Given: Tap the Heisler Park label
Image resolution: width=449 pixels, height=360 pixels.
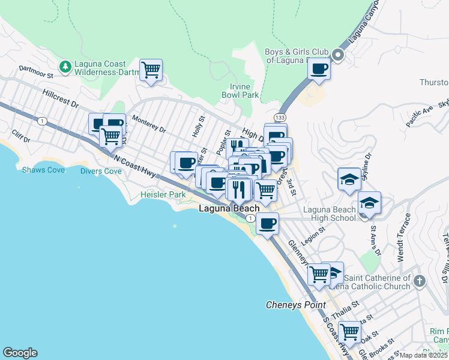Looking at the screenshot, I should [x=163, y=194].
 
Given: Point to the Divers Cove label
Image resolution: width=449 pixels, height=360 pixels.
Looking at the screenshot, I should [x=101, y=171].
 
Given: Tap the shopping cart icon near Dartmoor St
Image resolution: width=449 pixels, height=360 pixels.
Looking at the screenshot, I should [x=151, y=70].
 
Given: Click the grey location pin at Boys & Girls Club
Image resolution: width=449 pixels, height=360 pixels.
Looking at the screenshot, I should [x=337, y=56].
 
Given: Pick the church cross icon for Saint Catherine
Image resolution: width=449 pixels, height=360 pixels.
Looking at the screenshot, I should [x=419, y=280].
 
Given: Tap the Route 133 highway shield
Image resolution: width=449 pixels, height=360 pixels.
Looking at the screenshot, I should [x=280, y=117].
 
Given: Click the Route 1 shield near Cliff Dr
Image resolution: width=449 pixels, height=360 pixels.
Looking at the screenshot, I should [x=41, y=121].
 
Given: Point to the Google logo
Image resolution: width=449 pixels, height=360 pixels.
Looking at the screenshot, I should [x=20, y=353].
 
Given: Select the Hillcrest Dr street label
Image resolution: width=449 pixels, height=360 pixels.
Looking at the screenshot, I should [x=61, y=99].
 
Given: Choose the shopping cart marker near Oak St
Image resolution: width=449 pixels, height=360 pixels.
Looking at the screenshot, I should [x=349, y=331].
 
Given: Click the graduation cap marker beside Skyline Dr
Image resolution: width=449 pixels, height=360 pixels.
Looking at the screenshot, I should [x=349, y=179].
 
